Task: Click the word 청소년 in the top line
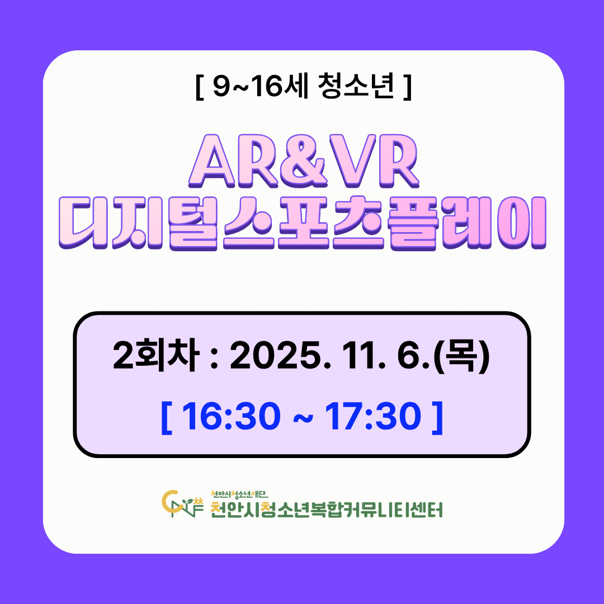(x=356, y=86)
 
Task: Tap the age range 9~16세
(x=261, y=86)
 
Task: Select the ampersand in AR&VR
(x=304, y=161)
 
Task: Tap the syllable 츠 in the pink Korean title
(x=358, y=223)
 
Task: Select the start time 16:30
(x=231, y=417)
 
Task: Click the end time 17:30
(x=373, y=417)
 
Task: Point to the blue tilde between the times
(x=303, y=418)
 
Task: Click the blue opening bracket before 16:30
(x=167, y=418)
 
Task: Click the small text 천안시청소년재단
(x=239, y=494)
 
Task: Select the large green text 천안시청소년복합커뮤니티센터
(x=327, y=509)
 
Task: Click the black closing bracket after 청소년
(x=408, y=86)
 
